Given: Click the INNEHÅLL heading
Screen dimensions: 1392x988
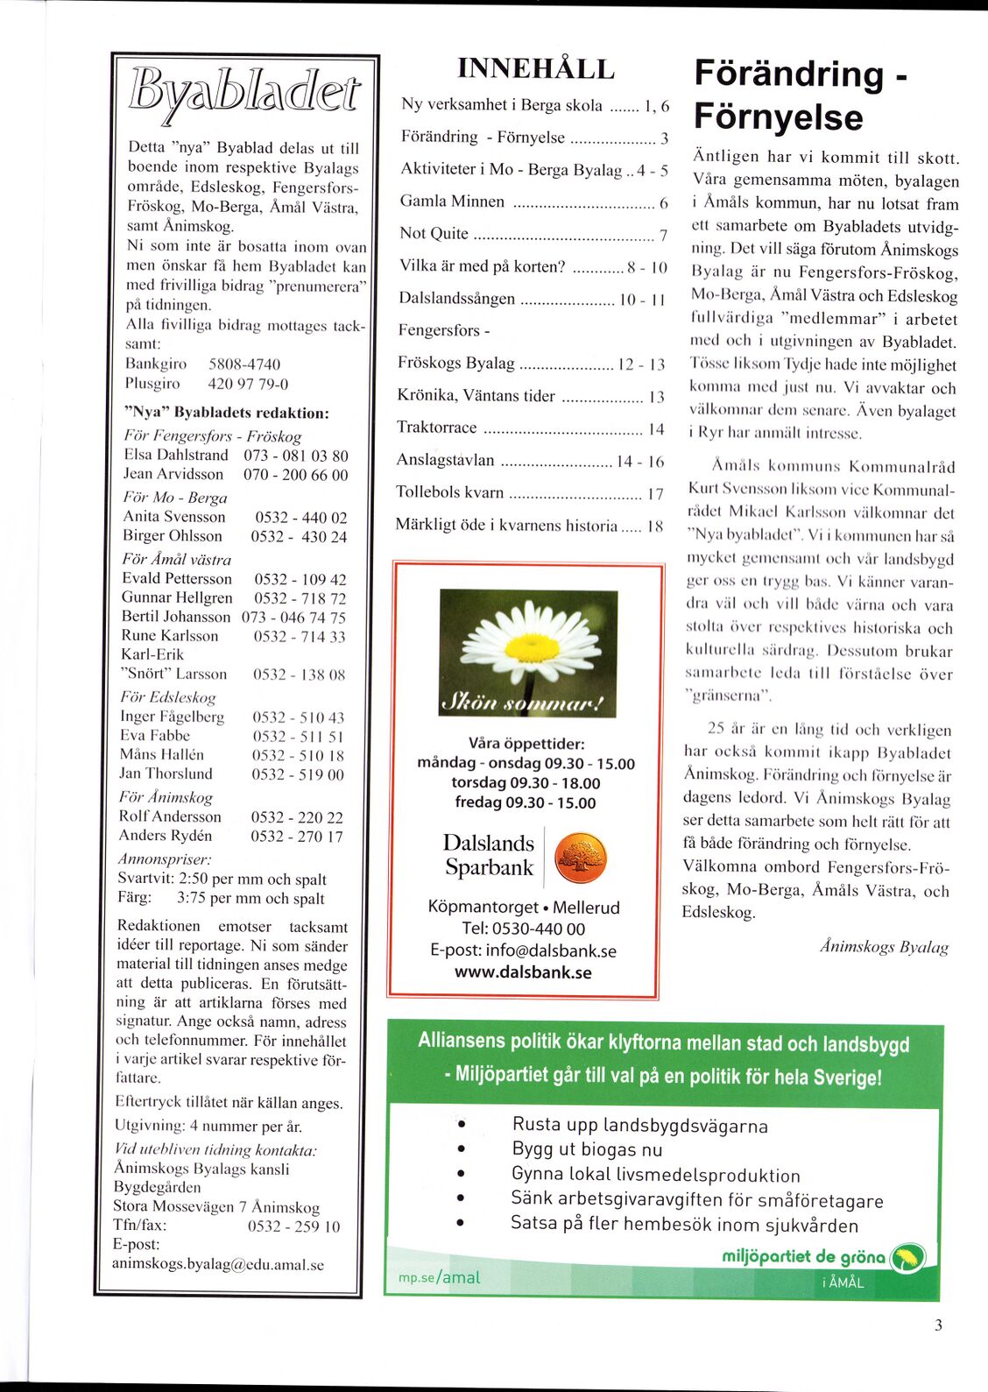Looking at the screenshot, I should [535, 68].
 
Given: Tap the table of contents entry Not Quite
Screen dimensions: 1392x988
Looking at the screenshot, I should [434, 234].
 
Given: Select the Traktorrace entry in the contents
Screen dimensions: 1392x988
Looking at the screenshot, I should [437, 427].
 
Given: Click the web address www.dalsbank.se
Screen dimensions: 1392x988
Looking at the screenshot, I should [523, 972].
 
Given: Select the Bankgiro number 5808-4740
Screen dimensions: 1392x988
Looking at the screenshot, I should [244, 364].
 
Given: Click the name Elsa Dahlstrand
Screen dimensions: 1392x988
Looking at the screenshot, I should [176, 456].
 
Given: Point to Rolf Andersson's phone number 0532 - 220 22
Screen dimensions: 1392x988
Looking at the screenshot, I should [297, 817].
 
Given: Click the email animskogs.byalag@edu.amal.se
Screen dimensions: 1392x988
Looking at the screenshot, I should [217, 1264].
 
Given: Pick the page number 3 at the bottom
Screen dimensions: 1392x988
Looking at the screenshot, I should [938, 1325].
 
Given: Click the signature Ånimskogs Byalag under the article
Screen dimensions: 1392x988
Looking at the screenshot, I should [885, 947].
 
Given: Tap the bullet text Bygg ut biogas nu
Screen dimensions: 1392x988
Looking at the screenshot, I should [587, 1149].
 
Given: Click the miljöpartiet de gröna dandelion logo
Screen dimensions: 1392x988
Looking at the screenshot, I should [907, 1259].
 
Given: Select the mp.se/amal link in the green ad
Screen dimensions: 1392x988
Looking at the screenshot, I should [439, 1277].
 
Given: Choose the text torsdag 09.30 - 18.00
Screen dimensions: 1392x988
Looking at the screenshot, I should [526, 783].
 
